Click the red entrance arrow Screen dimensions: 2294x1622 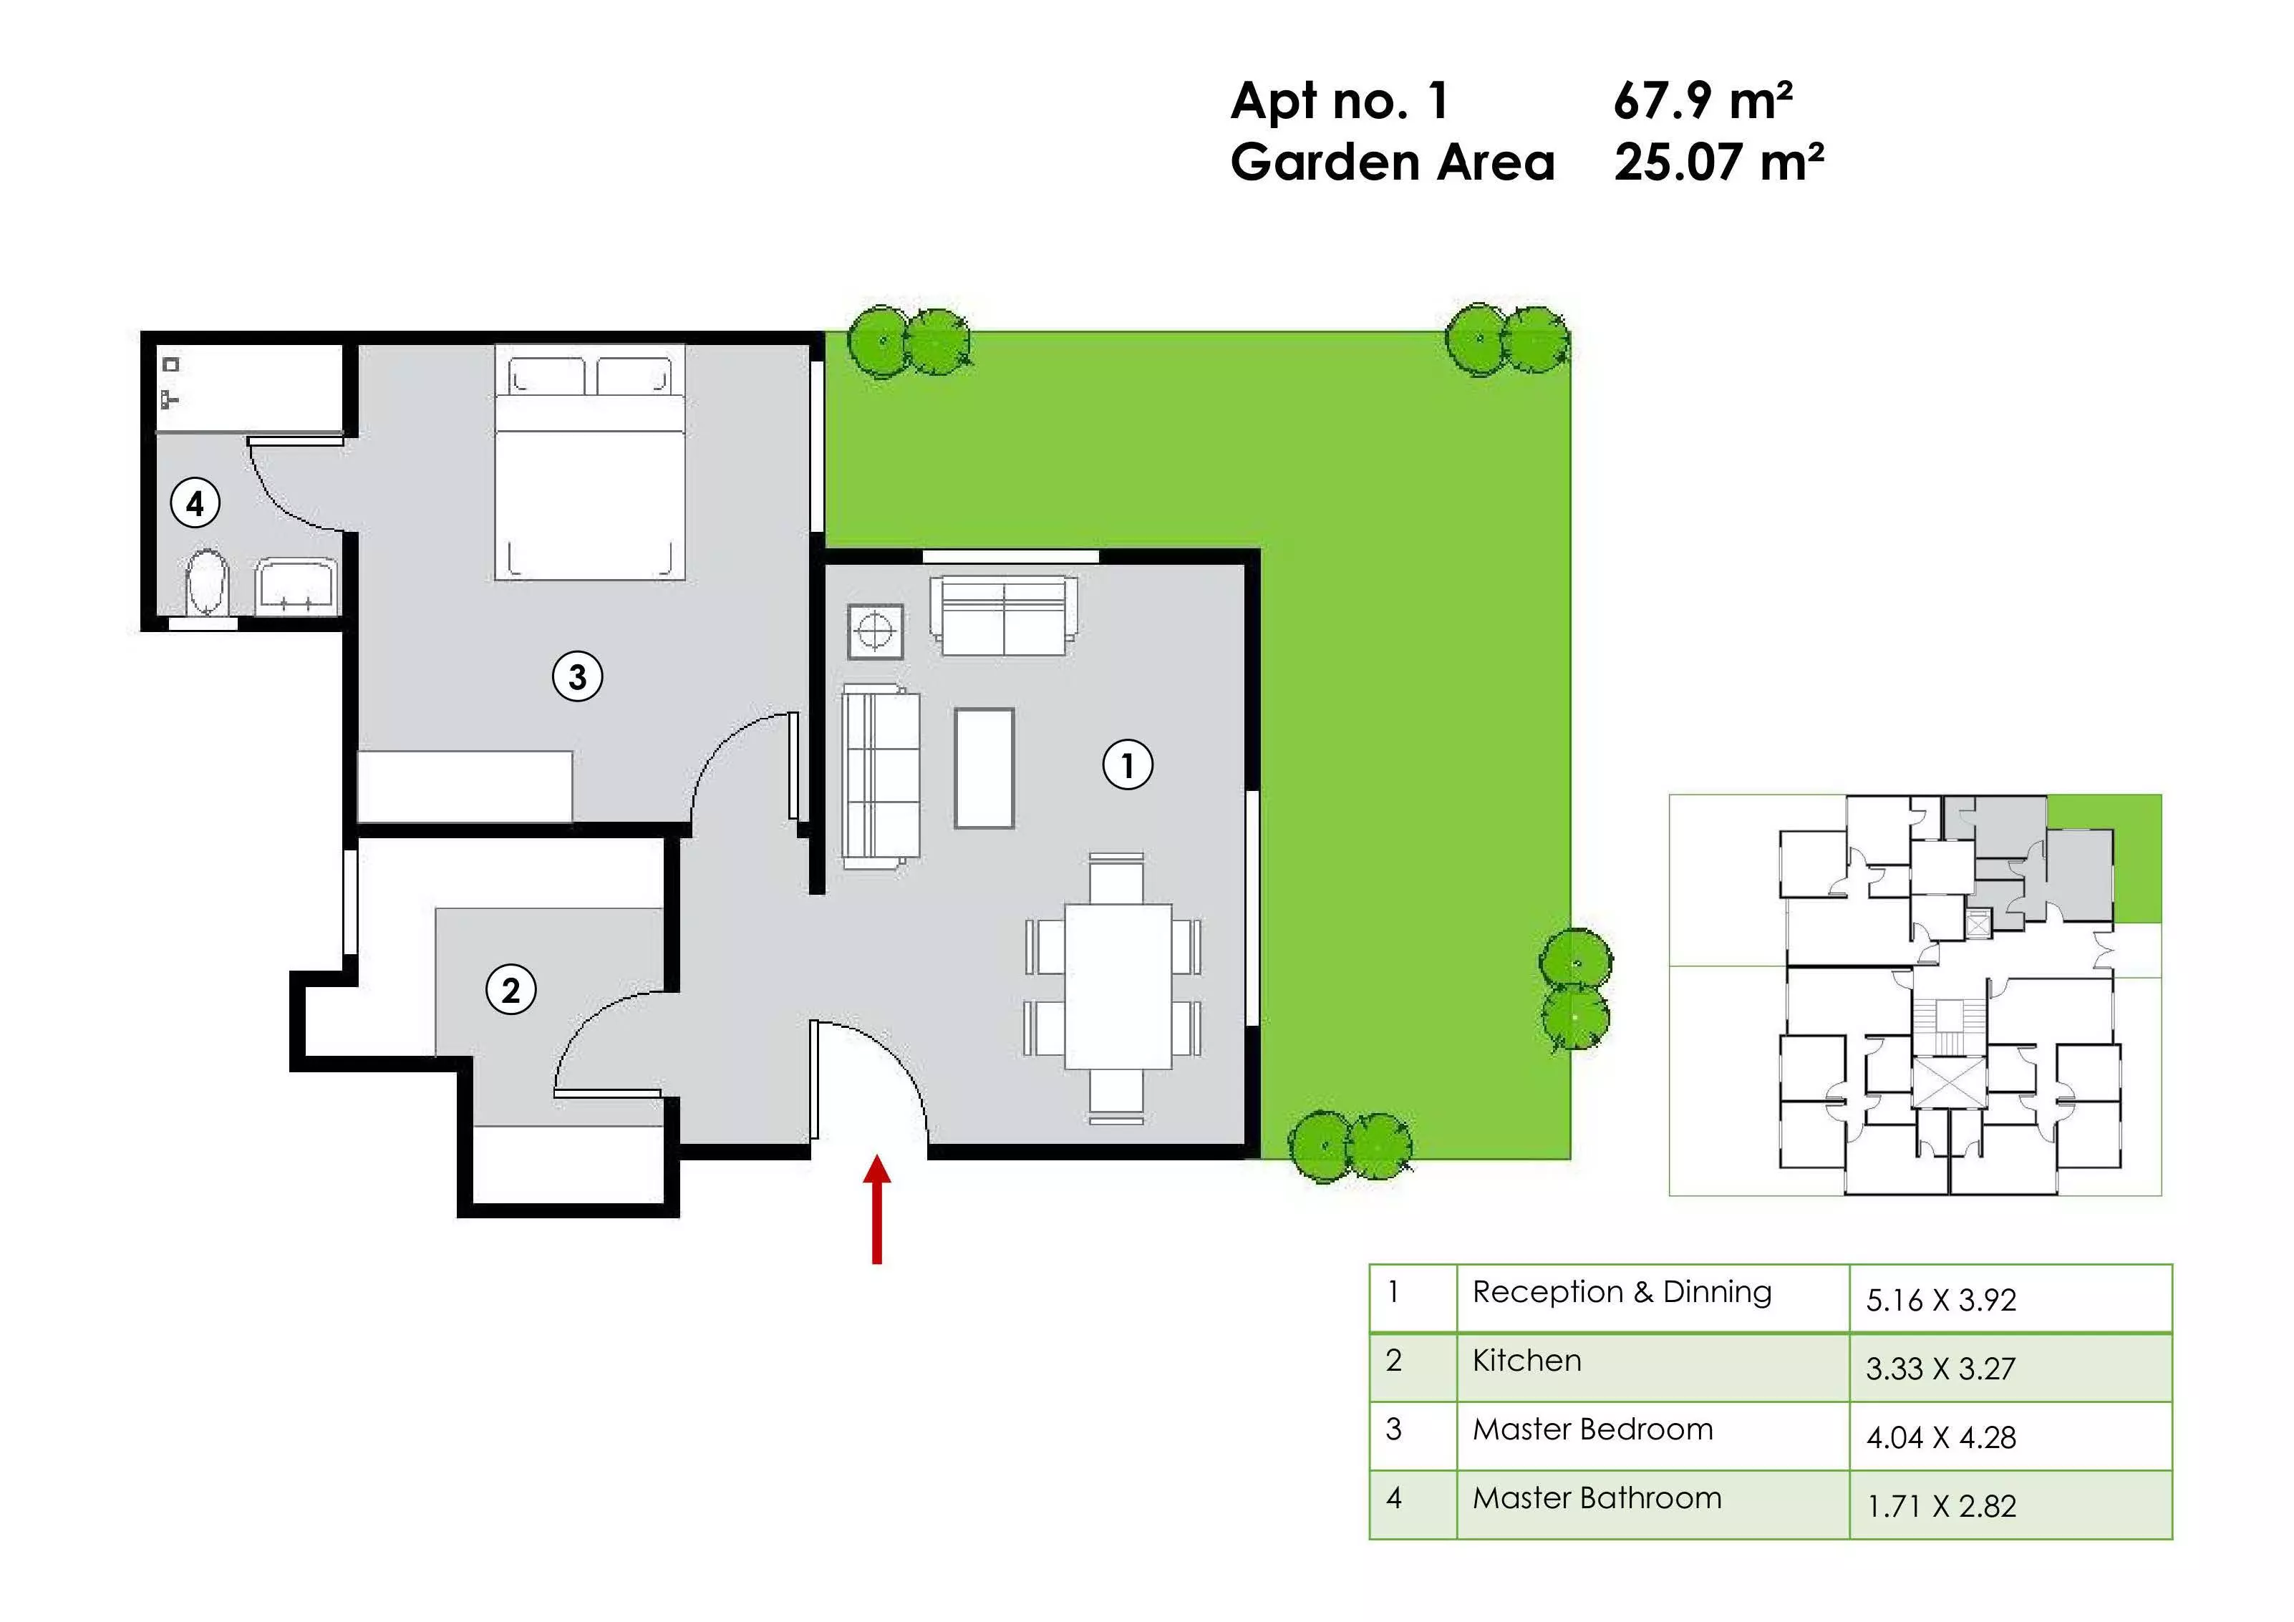pyautogui.click(x=876, y=1210)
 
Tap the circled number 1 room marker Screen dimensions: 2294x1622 pyautogui.click(x=1128, y=766)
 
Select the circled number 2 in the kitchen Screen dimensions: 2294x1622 pyautogui.click(x=510, y=990)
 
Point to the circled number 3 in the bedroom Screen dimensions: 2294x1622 pyautogui.click(x=578, y=676)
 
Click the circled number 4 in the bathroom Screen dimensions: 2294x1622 pyautogui.click(x=195, y=502)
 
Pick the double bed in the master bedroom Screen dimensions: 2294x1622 pyautogui.click(x=589, y=462)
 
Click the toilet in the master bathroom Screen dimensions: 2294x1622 pyautogui.click(x=208, y=582)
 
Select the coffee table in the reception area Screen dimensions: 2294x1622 pyautogui.click(x=984, y=768)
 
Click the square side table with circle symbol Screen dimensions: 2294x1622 pyautogui.click(x=875, y=631)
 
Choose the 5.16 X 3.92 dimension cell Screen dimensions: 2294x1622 pyautogui.click(x=2010, y=1298)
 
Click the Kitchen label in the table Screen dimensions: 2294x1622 pyautogui.click(x=1526, y=1360)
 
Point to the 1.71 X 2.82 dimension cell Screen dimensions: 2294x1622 pyautogui.click(x=2010, y=1505)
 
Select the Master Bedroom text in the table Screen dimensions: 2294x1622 pyautogui.click(x=1592, y=1429)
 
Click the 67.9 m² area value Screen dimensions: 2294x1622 pyautogui.click(x=1703, y=100)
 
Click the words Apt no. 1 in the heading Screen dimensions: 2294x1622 pyautogui.click(x=1340, y=100)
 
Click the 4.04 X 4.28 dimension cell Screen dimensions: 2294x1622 pyautogui.click(x=2010, y=1436)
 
